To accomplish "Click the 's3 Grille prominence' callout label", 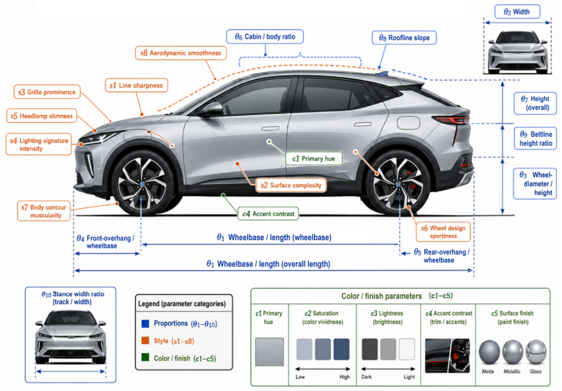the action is (47, 92).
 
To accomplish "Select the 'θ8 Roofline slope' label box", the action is (404, 38).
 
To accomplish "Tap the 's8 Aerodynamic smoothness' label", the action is (181, 53).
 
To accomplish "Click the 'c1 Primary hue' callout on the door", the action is (314, 159).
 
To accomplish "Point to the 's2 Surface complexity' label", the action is (291, 185).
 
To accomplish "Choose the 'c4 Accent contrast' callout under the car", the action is (268, 214).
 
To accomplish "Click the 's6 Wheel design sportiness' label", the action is (443, 232).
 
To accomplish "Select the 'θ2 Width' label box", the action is (517, 12).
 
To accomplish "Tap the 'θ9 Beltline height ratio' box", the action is (535, 138).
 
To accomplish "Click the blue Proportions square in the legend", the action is (145, 324).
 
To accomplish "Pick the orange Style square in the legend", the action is (145, 341).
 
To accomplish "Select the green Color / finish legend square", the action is (145, 357).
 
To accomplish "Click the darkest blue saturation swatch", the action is (341, 349).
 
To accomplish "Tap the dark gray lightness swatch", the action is (370, 349).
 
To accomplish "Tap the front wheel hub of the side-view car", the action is (142, 184).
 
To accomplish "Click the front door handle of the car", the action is (270, 128).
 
